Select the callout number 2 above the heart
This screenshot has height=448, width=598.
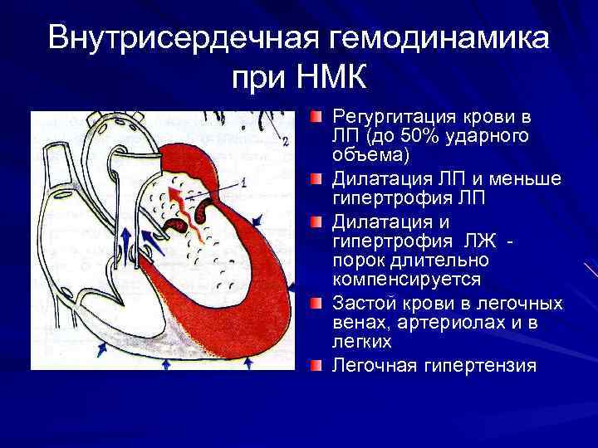pyautogui.click(x=285, y=142)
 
